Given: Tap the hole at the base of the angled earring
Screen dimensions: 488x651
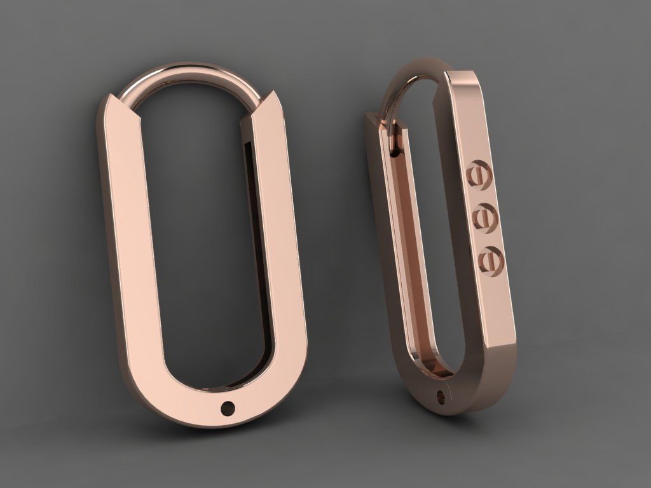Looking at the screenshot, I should pos(441,398).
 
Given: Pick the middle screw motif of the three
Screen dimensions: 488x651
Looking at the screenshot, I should pos(484,218).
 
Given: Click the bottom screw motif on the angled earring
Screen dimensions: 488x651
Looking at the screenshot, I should pos(490,259).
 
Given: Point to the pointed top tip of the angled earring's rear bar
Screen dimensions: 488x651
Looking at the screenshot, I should pos(367,114).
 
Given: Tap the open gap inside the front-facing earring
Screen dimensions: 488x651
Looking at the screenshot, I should pos(203,241).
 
